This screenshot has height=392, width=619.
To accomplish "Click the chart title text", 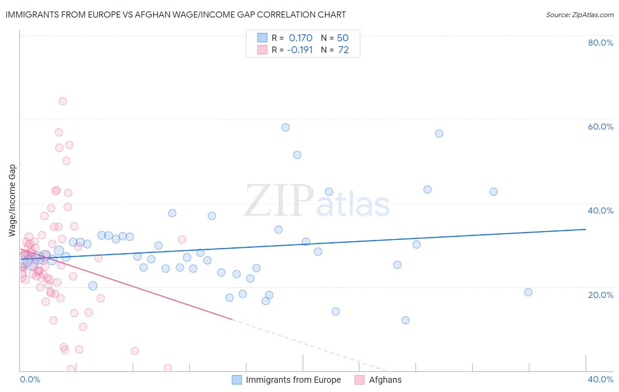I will point(176,15).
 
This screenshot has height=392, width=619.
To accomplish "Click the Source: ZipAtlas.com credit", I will point(579,15).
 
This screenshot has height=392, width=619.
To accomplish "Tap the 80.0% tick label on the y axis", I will point(601,43).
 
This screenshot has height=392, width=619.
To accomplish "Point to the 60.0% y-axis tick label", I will point(601,127).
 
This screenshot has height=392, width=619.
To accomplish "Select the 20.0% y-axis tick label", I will point(601,294).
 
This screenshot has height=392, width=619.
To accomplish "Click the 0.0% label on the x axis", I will point(30,379).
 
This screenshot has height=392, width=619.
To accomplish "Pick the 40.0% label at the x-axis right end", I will point(601,379).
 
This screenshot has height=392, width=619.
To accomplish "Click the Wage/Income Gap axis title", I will point(12,200).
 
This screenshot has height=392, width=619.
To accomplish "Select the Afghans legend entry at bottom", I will point(385,380).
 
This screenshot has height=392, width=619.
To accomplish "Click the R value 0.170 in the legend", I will point(301,38).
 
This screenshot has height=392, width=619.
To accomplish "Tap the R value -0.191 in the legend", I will point(300,50).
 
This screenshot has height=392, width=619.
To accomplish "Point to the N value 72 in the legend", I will point(343,50).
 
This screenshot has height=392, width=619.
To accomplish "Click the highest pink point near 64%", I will point(63,101).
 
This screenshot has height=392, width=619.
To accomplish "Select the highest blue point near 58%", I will point(286,127).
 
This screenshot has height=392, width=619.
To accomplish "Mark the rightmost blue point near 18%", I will point(528,292).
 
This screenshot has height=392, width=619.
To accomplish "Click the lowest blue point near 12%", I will point(405,320).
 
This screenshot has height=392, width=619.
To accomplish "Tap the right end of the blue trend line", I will point(586,229).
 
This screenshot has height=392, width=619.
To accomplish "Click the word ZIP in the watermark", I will point(279,201).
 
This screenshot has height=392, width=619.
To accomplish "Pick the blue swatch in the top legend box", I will point(262,38).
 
